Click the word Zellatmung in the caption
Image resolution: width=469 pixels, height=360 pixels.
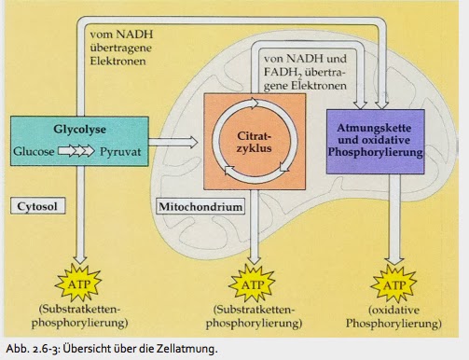pyautogui.click(x=190, y=349)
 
